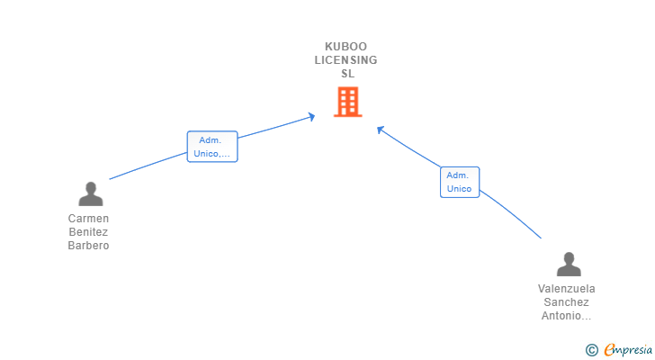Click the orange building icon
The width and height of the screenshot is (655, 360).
click(346, 102)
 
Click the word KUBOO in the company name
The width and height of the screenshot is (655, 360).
click(346, 46)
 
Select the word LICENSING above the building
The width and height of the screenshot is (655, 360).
click(346, 60)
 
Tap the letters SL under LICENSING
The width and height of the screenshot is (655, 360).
click(347, 74)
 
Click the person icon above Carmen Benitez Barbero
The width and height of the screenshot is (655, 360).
click(90, 194)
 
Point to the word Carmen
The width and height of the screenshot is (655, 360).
click(88, 219)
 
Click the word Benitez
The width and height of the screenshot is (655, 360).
click(88, 232)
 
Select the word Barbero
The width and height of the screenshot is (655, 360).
click(88, 246)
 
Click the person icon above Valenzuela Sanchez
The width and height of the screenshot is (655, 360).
click(568, 265)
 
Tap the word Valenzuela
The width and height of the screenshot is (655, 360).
click(567, 289)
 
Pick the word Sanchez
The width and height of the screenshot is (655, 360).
click(567, 302)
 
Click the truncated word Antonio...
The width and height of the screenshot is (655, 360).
click(567, 316)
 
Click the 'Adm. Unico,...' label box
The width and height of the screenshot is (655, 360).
click(212, 147)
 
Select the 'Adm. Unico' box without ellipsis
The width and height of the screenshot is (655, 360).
click(459, 182)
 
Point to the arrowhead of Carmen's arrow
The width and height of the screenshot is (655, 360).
click(312, 115)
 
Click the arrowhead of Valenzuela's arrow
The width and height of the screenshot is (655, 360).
click(380, 129)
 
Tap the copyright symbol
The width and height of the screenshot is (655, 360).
click(592, 349)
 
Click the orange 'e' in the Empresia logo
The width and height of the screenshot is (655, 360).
click(610, 349)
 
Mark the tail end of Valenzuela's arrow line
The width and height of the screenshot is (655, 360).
click(541, 238)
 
